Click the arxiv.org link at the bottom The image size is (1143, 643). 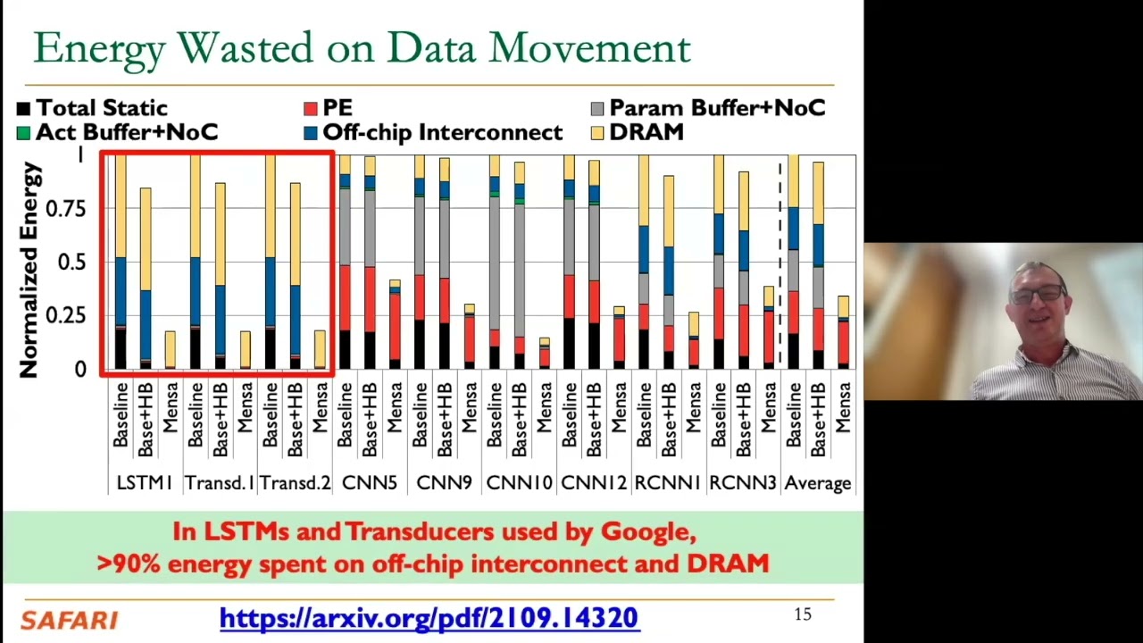(429, 618)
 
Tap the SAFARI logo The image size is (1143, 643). (69, 620)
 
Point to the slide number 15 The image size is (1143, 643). (802, 614)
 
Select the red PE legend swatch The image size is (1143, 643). (311, 108)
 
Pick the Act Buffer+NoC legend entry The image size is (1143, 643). (117, 132)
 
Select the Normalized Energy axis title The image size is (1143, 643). (30, 269)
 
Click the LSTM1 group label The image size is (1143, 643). (144, 483)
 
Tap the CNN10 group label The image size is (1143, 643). (519, 483)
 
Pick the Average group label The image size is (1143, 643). (817, 483)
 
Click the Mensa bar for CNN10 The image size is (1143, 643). (545, 354)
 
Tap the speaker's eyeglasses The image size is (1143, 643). (1038, 293)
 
